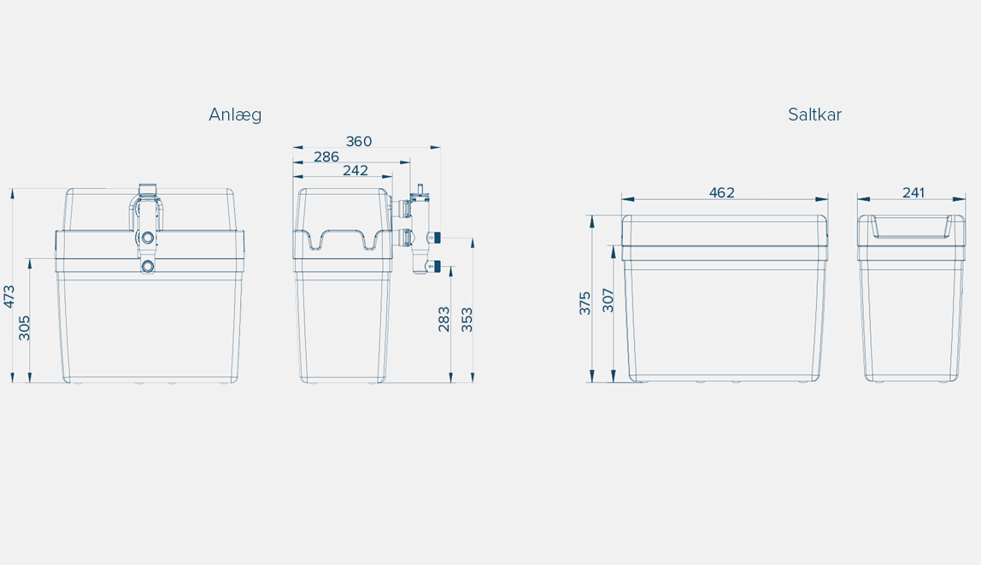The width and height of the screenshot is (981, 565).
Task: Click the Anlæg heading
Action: coord(235,115)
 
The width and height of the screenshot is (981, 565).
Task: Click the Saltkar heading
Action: coord(814,115)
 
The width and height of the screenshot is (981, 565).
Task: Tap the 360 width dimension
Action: coord(359,141)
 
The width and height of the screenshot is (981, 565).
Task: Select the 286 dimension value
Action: coord(326,156)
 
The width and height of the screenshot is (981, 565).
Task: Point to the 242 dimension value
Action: coord(355,170)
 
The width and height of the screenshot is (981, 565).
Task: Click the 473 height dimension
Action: coord(9,297)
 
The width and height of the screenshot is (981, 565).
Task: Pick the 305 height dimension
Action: coord(25,328)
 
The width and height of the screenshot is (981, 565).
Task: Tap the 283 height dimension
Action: coord(444,319)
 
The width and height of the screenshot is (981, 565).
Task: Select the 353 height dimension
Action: coord(467,320)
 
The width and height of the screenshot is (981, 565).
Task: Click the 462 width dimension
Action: coord(722,192)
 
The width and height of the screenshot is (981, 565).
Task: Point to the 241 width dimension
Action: coord(913,192)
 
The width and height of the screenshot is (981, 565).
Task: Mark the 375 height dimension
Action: coord(585,303)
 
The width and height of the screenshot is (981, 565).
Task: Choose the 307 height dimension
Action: coord(608,300)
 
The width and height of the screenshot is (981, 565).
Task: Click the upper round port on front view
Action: coord(148,238)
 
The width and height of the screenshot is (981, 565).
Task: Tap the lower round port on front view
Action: coord(148,267)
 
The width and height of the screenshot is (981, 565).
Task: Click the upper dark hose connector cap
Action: coord(438,238)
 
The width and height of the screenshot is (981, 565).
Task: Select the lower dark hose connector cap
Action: coord(438,268)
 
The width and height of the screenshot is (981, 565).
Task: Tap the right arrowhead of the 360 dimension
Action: coord(435,148)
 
